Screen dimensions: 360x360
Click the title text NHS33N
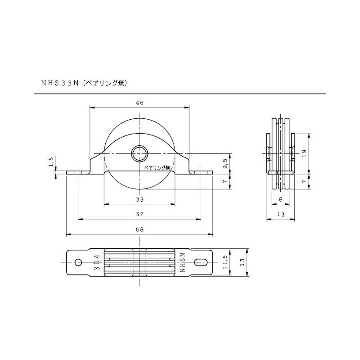point(60,83)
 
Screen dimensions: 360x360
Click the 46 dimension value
point(139,103)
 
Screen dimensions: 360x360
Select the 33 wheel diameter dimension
point(139,199)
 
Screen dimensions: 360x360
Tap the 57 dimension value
point(139,215)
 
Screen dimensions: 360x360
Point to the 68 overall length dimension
point(139,229)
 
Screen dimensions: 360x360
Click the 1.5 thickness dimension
point(51,162)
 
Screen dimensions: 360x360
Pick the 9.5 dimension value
point(225,164)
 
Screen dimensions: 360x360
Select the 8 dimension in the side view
point(280,199)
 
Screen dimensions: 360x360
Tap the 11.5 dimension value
point(225,262)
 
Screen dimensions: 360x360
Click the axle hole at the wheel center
point(139,153)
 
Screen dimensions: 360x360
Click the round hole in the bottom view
point(78,262)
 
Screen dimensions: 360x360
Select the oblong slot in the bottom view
point(201,262)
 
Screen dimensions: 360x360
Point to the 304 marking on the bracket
point(97,262)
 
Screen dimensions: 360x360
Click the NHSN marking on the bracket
point(183,262)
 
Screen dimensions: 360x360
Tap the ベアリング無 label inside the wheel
point(157,168)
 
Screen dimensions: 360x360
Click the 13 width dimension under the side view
point(280,215)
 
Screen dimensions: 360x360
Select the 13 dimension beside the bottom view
point(243,262)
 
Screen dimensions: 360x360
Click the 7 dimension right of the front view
point(225,181)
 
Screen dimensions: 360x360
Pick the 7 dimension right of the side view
point(304,181)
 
